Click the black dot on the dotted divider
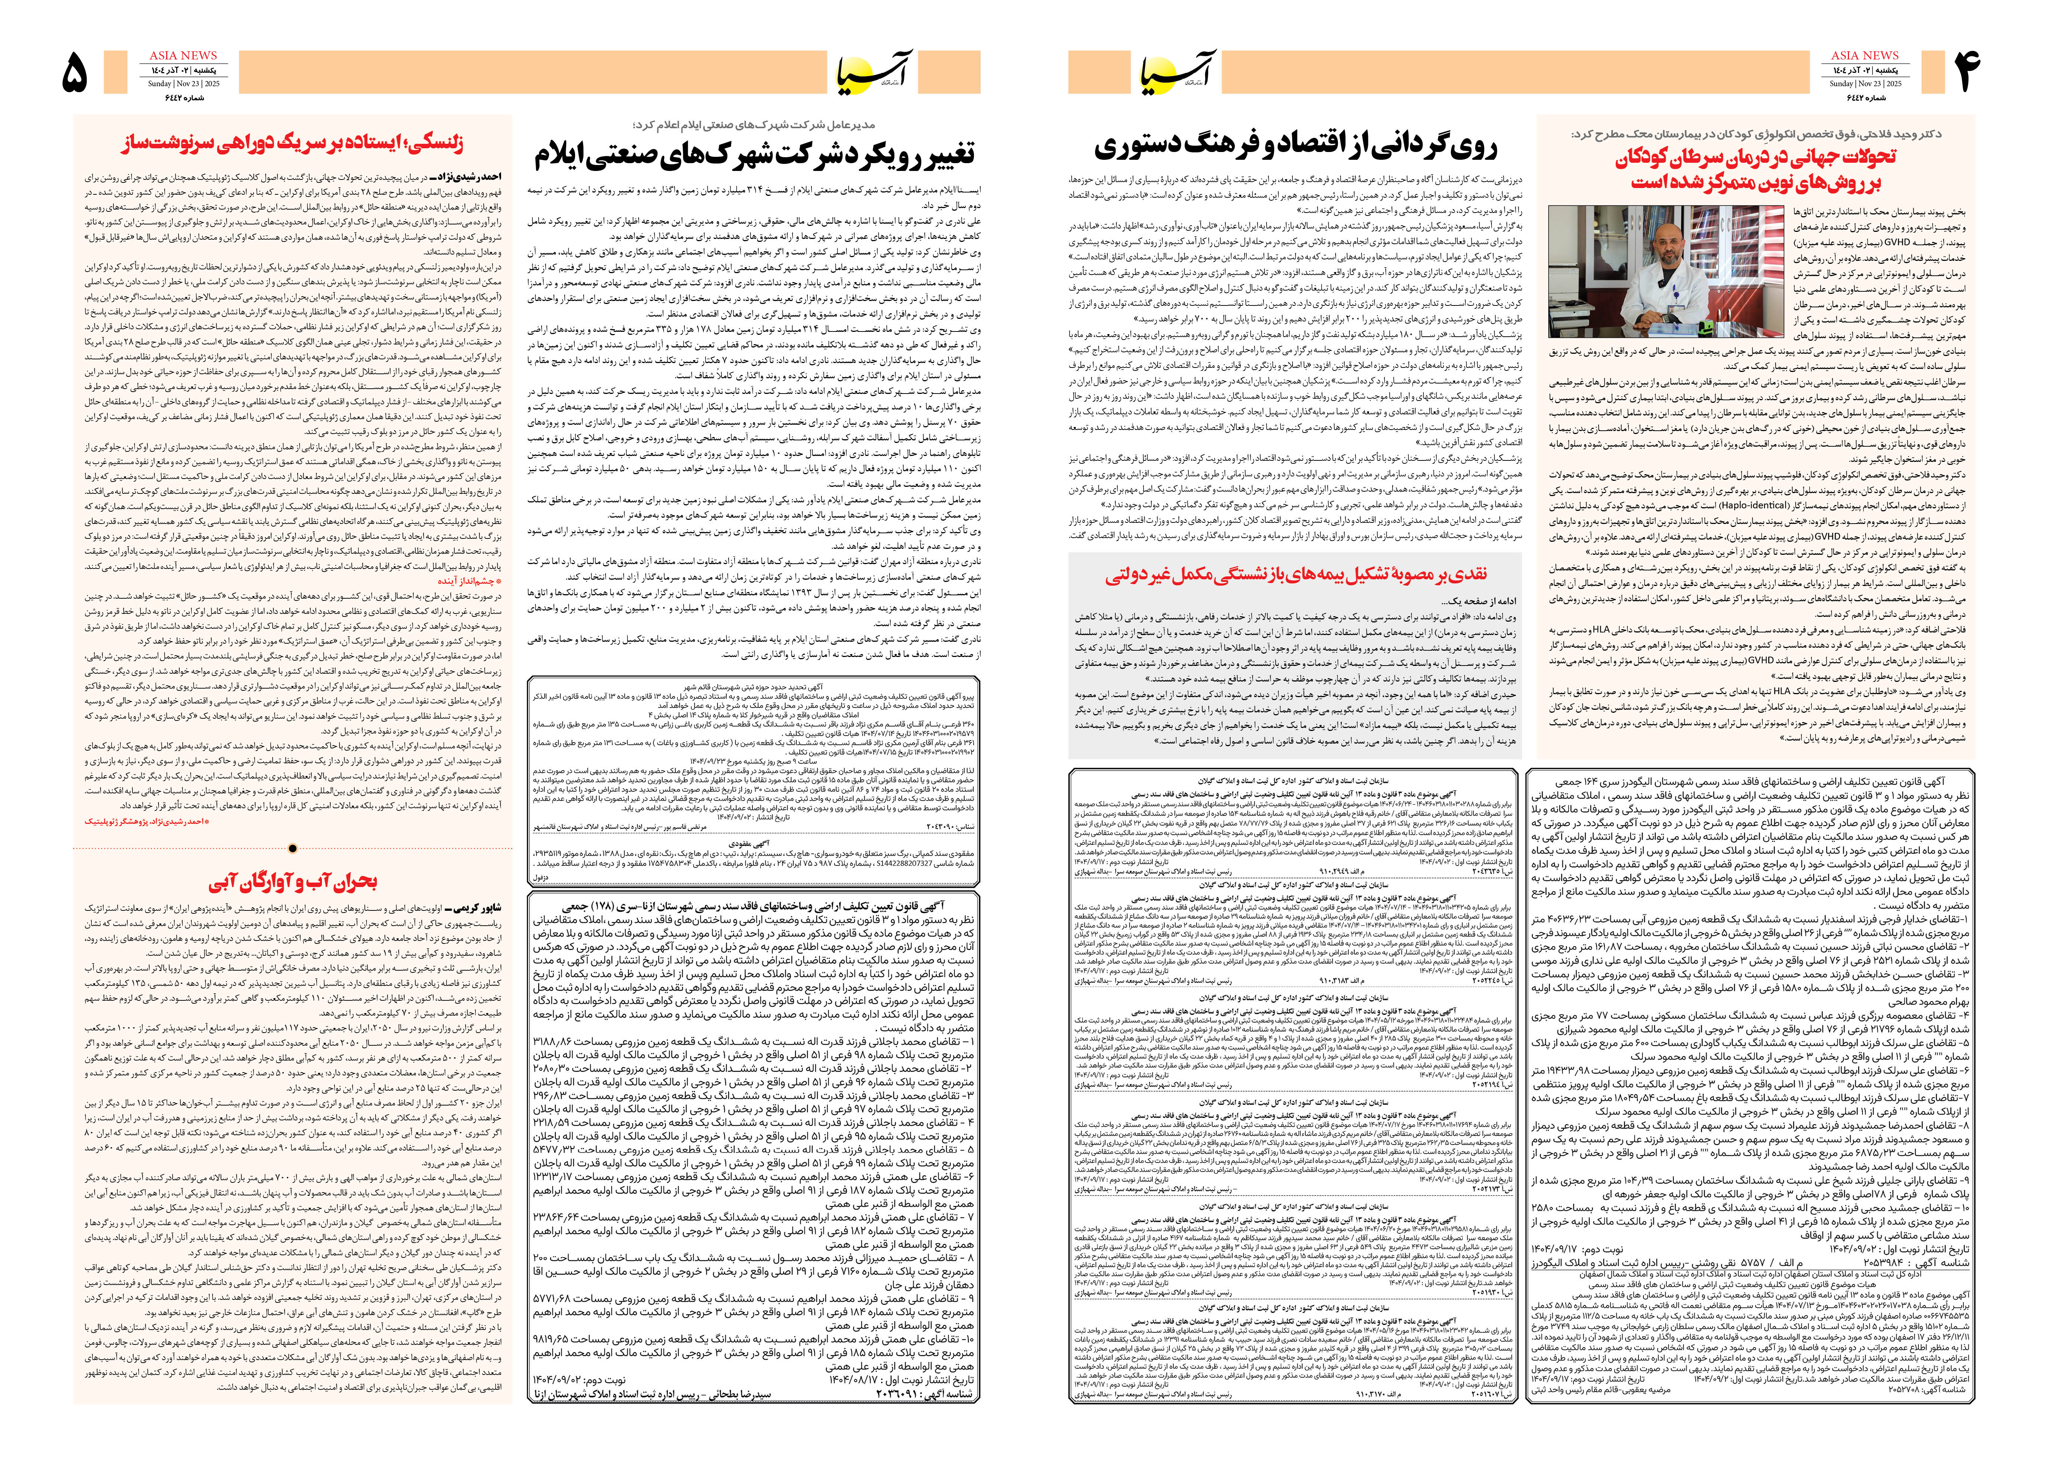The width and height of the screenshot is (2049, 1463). [x=293, y=848]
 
